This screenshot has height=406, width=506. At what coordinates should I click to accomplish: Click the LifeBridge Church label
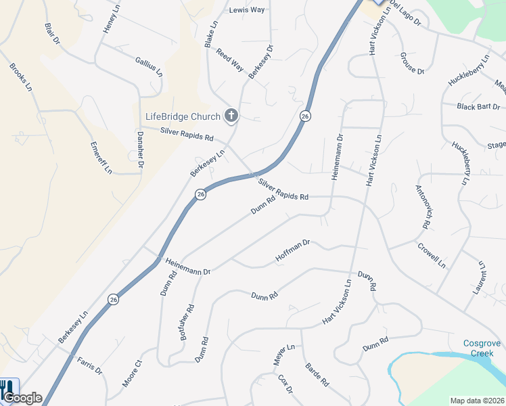tap(183, 116)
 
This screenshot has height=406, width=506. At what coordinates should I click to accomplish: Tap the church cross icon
tap(231, 116)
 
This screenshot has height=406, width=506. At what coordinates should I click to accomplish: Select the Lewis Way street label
tap(247, 10)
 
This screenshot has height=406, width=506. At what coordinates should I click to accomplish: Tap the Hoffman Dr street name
tap(292, 251)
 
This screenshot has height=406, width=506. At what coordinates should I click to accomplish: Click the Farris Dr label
tap(89, 366)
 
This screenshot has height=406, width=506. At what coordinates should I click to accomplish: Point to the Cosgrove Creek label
tap(482, 348)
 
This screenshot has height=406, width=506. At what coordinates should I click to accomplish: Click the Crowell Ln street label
tap(432, 255)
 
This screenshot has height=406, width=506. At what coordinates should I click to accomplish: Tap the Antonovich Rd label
tap(423, 206)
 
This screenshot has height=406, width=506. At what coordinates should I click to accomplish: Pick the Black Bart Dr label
tap(478, 107)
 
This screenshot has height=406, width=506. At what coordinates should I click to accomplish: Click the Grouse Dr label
tap(412, 63)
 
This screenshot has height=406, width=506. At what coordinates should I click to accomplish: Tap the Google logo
tap(22, 399)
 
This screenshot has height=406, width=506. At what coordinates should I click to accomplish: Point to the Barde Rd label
tap(317, 374)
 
